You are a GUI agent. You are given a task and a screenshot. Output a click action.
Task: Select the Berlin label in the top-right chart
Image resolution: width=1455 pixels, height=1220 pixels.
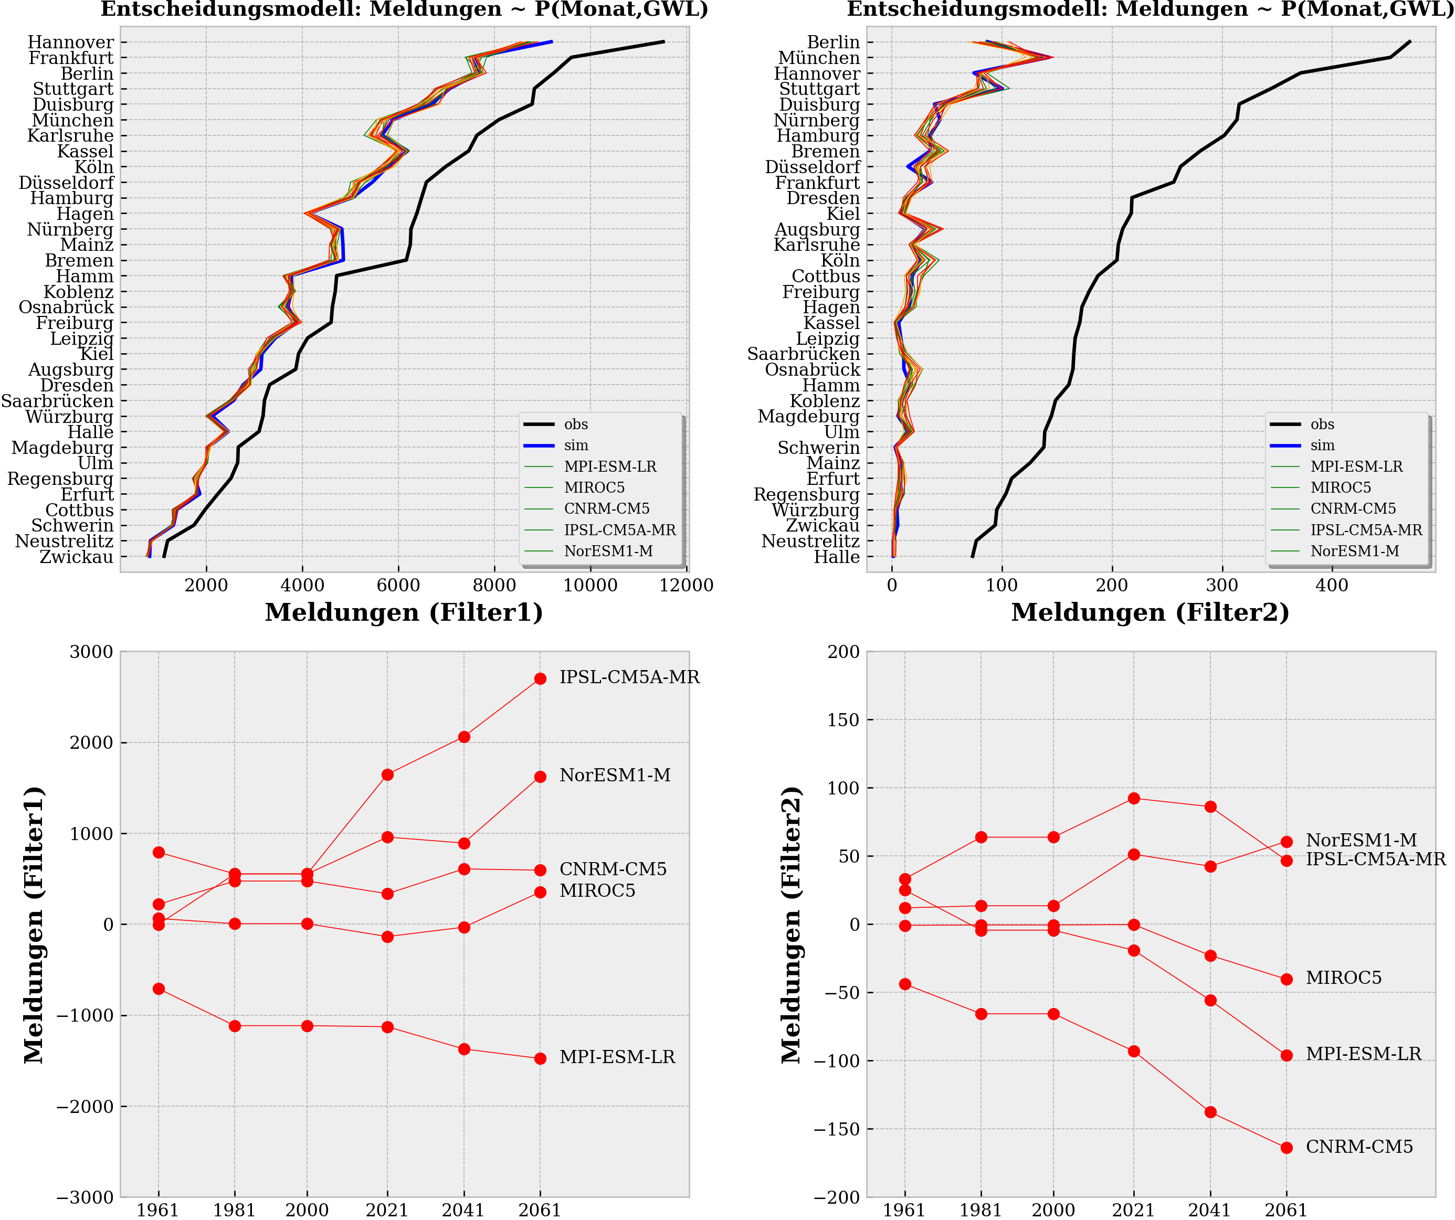tap(833, 43)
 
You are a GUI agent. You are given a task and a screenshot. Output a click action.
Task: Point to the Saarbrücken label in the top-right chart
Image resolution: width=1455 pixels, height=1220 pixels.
tap(803, 354)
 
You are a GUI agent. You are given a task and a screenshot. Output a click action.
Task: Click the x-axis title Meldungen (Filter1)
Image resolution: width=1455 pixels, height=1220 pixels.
tap(404, 612)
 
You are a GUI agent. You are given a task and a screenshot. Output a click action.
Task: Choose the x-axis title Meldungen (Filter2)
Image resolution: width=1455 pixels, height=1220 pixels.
tap(1150, 612)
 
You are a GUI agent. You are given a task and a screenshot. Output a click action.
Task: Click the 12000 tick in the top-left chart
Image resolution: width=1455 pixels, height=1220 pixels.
tap(686, 586)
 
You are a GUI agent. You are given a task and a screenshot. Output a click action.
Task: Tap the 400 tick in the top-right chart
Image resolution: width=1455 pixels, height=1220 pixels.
tap(1332, 586)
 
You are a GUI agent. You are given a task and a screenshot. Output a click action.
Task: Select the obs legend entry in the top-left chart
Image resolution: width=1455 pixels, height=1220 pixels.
tap(575, 424)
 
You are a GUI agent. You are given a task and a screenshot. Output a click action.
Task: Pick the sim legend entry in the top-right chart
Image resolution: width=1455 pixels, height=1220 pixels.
tap(1322, 445)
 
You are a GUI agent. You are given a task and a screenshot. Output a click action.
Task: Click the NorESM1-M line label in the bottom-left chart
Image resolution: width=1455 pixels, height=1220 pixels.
tap(615, 775)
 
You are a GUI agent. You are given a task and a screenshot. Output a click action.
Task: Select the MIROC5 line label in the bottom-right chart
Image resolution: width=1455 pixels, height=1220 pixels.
tap(1343, 978)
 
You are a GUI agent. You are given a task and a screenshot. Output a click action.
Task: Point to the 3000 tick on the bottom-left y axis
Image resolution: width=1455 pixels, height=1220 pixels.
tap(91, 652)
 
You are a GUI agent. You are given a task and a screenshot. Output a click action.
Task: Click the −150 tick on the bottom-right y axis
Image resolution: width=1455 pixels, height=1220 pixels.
tap(837, 1129)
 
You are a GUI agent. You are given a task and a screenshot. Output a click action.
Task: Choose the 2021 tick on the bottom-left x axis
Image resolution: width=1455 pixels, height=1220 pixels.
tap(387, 1210)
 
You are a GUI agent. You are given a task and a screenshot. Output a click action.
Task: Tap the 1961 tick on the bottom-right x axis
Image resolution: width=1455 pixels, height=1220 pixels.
tap(904, 1210)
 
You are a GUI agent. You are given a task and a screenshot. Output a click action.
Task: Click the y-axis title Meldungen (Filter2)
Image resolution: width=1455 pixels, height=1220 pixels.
tap(790, 925)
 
